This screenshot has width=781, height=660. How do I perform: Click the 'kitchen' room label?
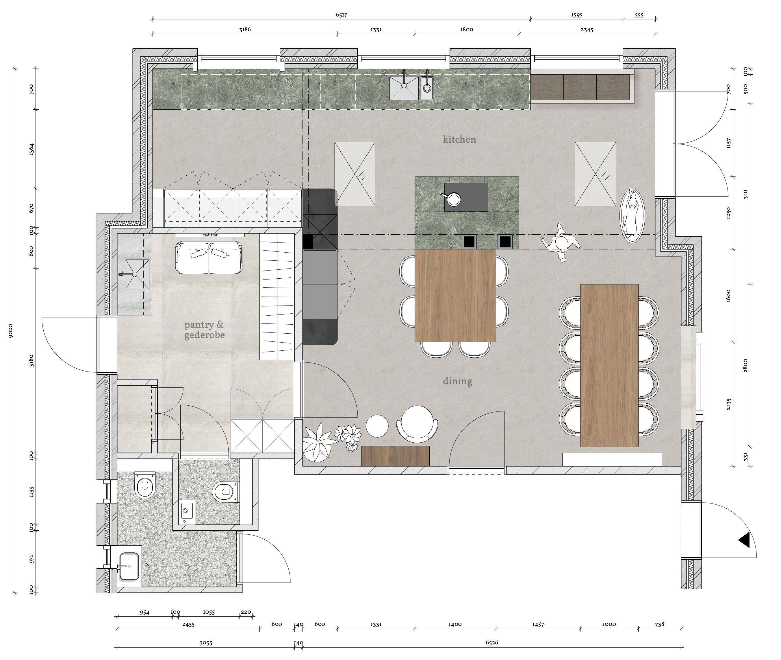tap(459, 139)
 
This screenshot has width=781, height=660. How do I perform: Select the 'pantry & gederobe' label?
tap(204, 330)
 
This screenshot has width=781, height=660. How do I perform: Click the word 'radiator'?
tap(210, 235)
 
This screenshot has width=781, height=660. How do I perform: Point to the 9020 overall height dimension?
tap(10, 331)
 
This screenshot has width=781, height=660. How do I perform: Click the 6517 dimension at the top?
tap(341, 15)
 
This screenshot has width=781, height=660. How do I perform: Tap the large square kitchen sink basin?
tap(404, 88)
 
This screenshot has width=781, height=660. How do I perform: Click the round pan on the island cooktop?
tap(454, 199)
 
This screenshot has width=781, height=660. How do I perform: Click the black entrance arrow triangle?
tap(744, 540)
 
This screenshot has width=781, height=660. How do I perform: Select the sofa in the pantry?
tap(209, 258)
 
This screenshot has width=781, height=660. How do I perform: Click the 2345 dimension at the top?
tap(587, 30)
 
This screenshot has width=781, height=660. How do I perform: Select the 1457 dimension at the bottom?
tap(538, 624)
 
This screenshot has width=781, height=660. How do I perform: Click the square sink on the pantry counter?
tap(137, 274)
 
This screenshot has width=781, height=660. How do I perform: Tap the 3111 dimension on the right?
tap(745, 194)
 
